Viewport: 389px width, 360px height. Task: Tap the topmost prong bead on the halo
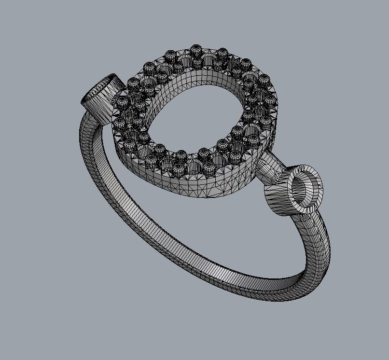[195, 49]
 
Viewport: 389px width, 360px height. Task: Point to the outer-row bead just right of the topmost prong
[222, 53]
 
